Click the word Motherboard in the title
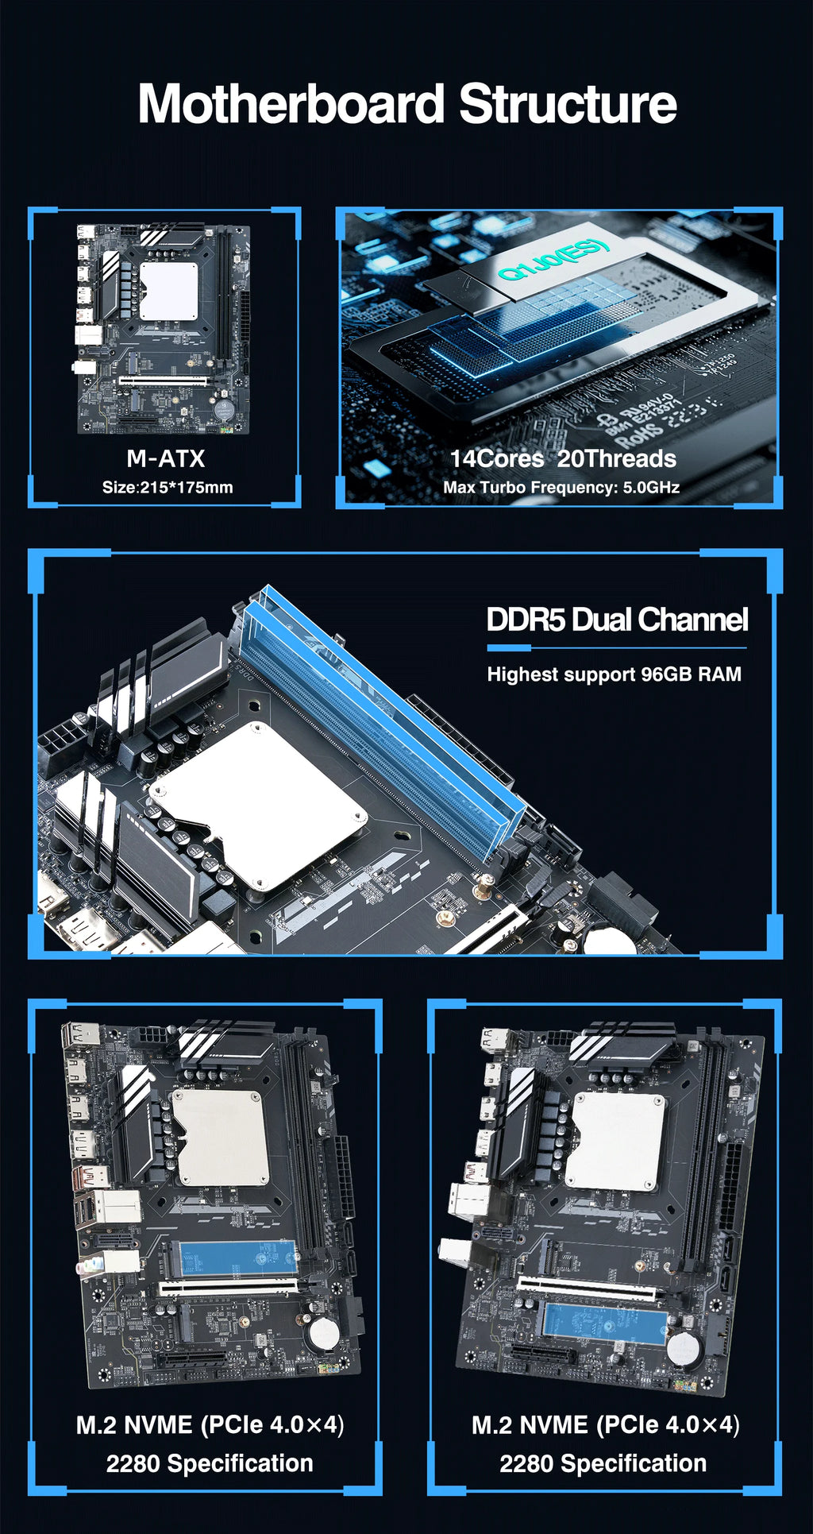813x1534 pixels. coord(291,105)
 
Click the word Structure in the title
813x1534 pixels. coord(568,105)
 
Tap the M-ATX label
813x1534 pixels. coord(165,458)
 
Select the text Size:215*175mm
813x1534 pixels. coord(168,487)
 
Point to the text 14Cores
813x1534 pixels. coord(497,458)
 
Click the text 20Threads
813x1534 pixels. coord(617,458)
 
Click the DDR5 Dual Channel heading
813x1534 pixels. coord(617,620)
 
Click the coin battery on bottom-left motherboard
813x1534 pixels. coord(323,1333)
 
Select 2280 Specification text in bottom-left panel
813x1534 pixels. coord(210,1463)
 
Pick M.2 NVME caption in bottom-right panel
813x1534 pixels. coord(530,1425)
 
